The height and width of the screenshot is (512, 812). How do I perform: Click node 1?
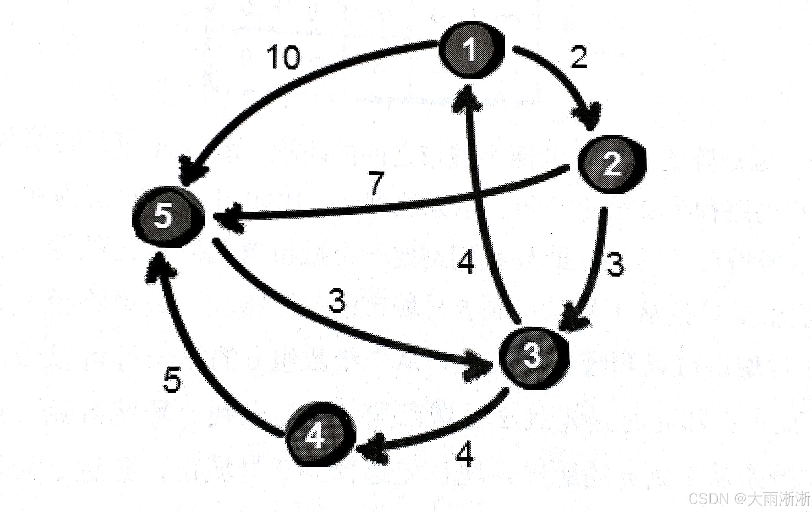pos(471,51)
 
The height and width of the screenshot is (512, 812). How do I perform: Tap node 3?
pos(533,357)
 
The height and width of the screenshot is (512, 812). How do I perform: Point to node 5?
pos(167,216)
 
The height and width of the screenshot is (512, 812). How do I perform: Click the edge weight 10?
pos(283,57)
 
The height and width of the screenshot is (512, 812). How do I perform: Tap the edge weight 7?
pos(376,183)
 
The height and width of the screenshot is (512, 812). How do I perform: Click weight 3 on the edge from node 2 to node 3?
pos(615,264)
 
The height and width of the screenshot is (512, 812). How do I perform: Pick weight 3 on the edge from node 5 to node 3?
pos(337,300)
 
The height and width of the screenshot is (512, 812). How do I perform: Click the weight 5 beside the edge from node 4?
pos(172,380)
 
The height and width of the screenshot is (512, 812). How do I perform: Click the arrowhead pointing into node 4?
pos(372,448)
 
